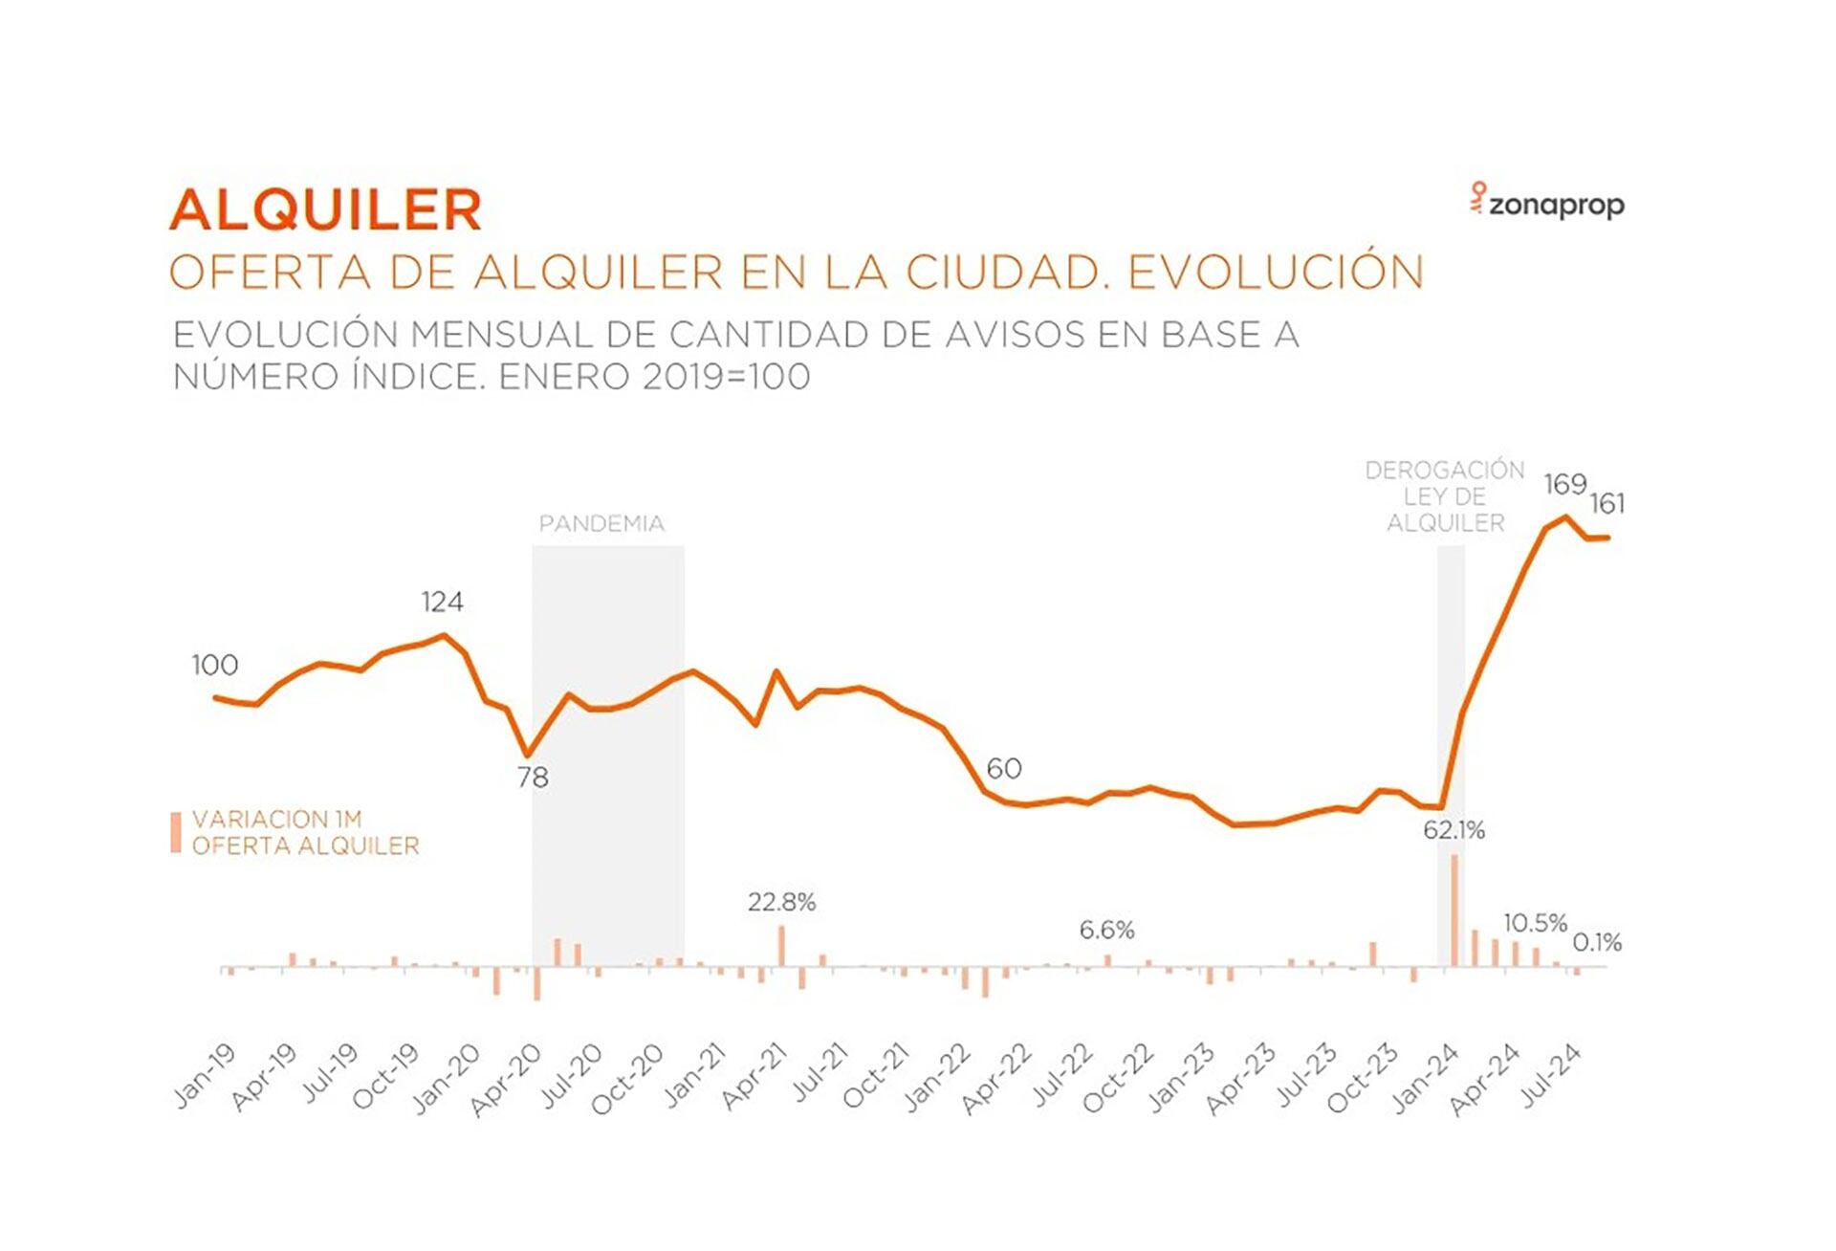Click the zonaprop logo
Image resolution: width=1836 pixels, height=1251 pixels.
[1547, 203]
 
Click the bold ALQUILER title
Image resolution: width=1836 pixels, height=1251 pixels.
[326, 209]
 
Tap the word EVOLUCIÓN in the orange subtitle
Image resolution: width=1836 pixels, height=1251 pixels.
[1276, 272]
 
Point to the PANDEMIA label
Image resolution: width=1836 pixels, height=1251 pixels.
[601, 524]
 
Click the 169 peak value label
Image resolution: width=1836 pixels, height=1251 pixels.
[1564, 485]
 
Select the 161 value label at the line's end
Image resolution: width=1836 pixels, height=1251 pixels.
[1606, 504]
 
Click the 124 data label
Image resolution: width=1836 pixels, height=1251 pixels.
[442, 603]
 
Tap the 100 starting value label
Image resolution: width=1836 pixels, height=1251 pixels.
[215, 666]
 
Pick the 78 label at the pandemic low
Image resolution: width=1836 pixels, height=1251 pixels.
[533, 779]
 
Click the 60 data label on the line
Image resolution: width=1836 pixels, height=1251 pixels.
[1003, 769]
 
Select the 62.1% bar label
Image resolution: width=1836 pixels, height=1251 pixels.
[1453, 831]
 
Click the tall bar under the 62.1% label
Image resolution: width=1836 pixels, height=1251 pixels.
[1454, 911]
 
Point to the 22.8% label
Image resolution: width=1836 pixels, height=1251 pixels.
[781, 903]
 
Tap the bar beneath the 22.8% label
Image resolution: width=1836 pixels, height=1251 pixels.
[781, 946]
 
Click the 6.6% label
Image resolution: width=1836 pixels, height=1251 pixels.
[1106, 931]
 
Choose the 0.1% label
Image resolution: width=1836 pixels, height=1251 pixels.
[1597, 943]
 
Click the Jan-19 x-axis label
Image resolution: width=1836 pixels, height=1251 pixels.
[205, 1076]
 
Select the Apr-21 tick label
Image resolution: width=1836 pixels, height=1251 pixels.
[754, 1077]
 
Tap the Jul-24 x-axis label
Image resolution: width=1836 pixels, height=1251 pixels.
[1551, 1077]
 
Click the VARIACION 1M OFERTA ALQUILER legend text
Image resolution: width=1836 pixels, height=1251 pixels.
[305, 833]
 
